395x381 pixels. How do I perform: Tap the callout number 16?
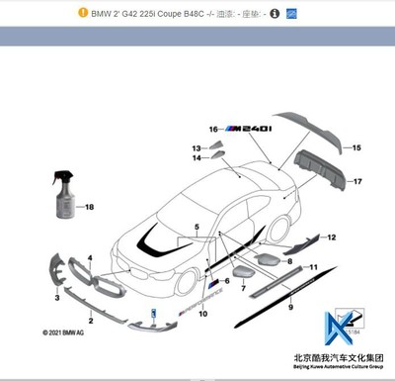coord(211,130)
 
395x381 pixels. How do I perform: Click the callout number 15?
coord(357,147)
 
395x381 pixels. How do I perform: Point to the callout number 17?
coord(357,182)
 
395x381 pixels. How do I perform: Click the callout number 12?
coord(332,238)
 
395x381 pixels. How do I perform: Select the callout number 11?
coord(314,267)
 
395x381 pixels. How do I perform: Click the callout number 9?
coord(290,308)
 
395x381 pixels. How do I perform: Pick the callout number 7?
coord(243,286)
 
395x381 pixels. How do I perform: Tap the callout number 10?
coord(202,315)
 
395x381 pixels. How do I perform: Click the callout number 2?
coord(91,322)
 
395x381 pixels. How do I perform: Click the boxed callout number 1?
coord(152,312)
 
